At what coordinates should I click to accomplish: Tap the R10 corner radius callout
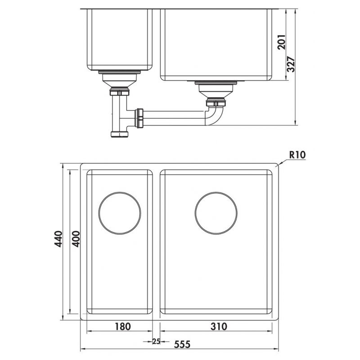(x=297, y=155)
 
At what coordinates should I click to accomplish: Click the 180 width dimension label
(x=123, y=326)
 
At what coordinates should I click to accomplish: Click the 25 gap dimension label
(x=156, y=342)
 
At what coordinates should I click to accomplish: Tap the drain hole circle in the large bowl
(x=216, y=213)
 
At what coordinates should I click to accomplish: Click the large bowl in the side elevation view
(x=216, y=43)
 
